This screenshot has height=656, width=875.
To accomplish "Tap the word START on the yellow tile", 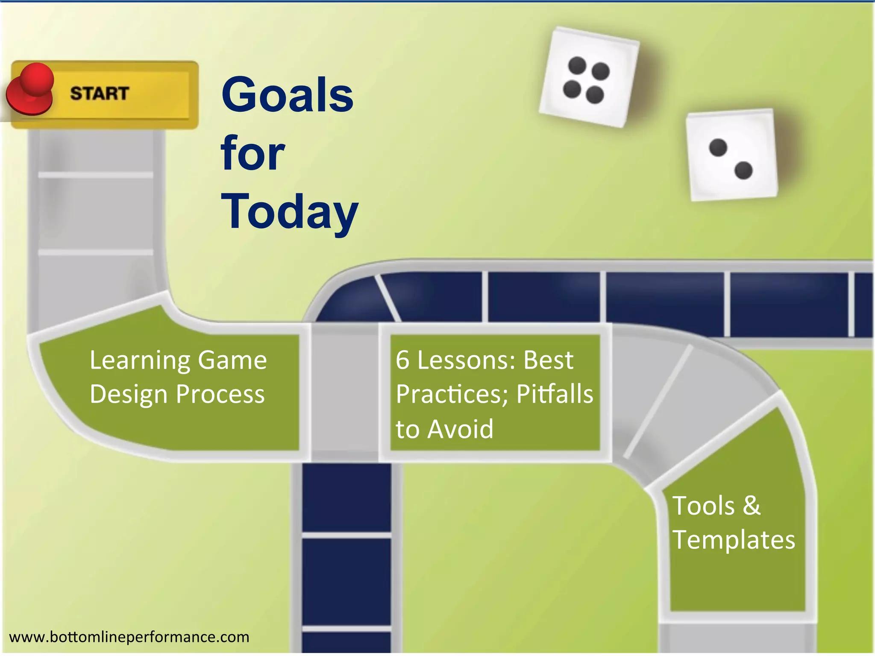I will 100,94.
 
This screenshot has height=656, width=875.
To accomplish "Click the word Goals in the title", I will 287,94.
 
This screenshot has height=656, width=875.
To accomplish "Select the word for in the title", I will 253,153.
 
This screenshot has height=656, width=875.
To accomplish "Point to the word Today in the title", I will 289,212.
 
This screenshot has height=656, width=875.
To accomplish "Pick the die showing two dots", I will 731,155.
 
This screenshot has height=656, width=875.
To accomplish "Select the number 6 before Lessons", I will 402,360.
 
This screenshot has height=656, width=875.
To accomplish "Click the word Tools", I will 703,506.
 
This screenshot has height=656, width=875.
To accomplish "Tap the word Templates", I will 734,540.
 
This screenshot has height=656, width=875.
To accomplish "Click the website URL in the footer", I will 129,637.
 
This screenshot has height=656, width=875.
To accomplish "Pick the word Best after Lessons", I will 548,360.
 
